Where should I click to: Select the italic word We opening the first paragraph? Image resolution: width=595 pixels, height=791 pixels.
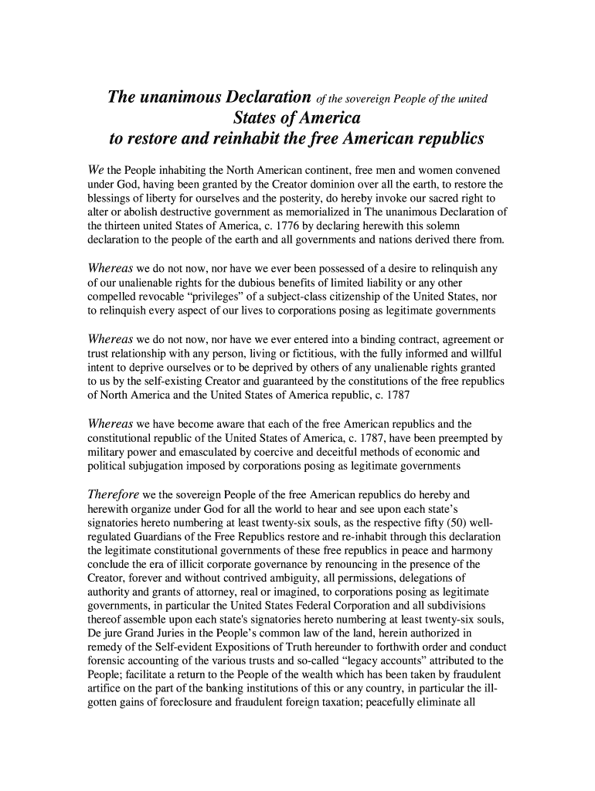tap(95, 169)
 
